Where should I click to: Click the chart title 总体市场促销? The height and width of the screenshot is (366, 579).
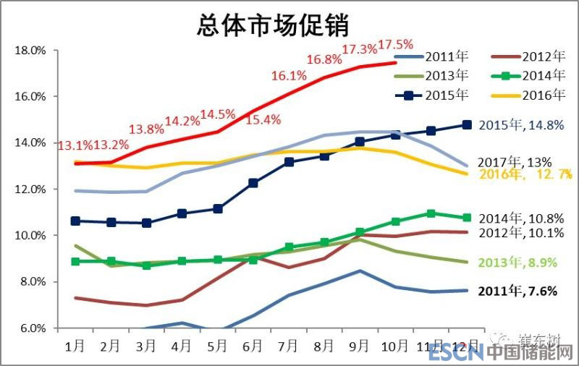tap(273, 26)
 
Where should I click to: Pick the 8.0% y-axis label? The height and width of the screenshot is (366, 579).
tap(32, 282)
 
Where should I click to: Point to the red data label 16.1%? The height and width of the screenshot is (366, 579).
tap(289, 76)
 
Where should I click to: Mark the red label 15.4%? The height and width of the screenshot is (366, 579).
tap(263, 120)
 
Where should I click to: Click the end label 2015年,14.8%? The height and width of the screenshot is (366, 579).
tap(521, 124)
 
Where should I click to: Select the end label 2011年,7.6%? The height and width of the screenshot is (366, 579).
tap(517, 291)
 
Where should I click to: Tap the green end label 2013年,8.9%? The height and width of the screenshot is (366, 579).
tap(517, 263)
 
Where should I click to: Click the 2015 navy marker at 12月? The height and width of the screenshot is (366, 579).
tap(467, 125)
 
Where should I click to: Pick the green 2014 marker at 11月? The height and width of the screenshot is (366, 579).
tap(431, 213)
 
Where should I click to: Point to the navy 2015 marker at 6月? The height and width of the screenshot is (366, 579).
tap(253, 183)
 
